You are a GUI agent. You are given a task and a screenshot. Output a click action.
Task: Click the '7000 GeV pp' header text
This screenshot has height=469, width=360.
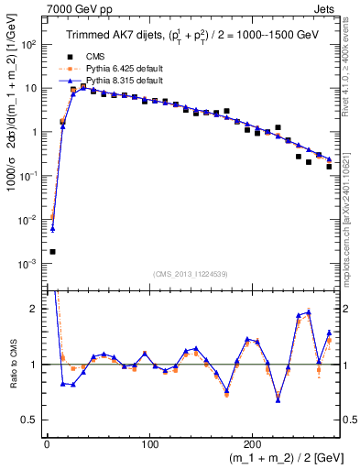click(74, 8)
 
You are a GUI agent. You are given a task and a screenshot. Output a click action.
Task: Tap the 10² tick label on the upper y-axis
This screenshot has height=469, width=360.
click(30, 44)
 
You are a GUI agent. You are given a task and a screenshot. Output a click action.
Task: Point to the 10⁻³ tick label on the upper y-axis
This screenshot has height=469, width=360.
click(30, 264)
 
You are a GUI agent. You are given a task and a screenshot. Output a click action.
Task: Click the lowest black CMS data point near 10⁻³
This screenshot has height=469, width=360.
click(52, 251)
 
